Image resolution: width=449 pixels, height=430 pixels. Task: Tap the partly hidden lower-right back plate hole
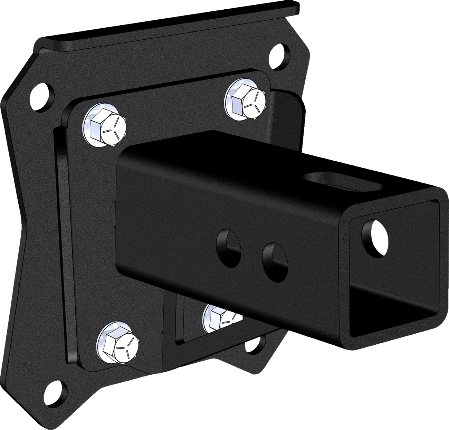(x=261, y=342)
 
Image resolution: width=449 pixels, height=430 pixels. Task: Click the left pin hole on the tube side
(x=228, y=242)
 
